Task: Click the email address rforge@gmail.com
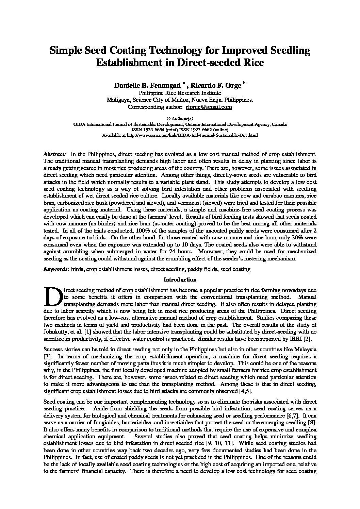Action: (209, 107)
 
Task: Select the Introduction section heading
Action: (180, 280)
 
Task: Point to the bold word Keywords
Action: (56, 269)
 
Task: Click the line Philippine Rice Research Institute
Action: (180, 93)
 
